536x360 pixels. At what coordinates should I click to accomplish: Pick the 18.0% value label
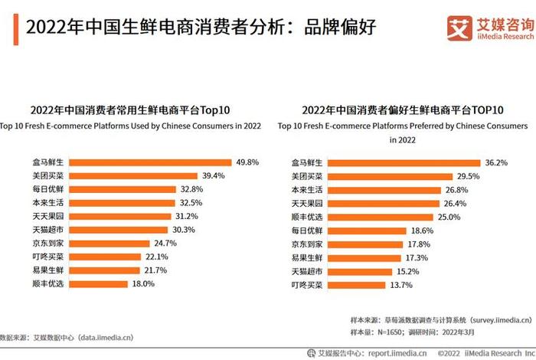pos(145,283)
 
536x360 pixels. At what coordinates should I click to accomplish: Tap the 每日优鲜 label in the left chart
pos(48,189)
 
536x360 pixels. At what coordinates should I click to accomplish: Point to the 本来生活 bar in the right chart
pos(383,190)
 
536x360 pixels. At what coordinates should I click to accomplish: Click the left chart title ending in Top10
pos(130,110)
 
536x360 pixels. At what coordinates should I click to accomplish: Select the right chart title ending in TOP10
pos(402,110)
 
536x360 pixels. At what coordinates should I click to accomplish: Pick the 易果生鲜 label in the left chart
pos(48,270)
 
